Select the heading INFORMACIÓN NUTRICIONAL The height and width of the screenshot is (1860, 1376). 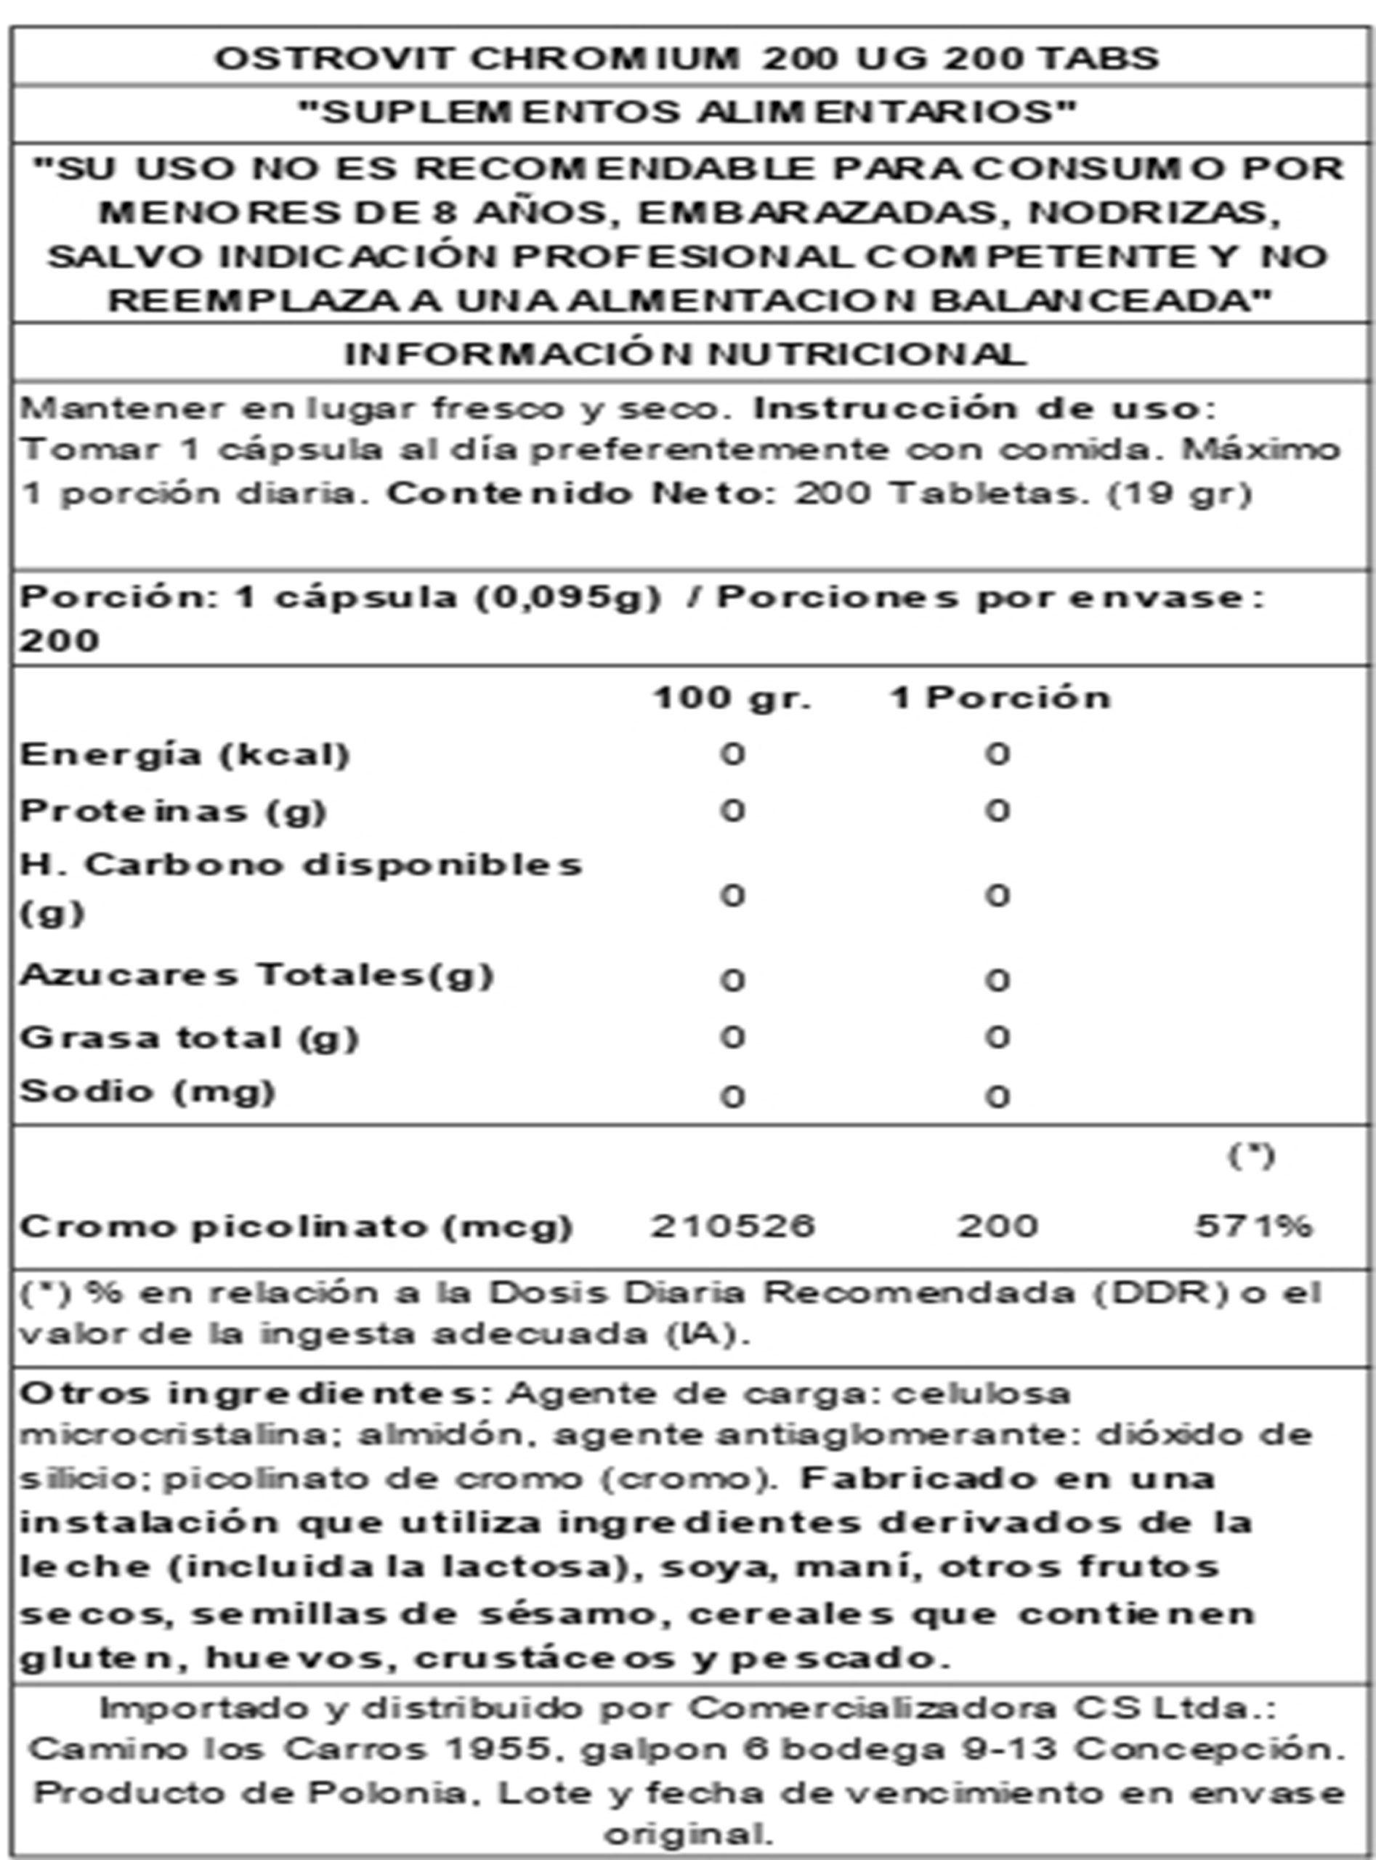(686, 355)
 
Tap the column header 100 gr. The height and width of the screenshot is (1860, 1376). (732, 697)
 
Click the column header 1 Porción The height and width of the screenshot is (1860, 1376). (1000, 697)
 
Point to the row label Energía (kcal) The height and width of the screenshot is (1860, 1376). (184, 755)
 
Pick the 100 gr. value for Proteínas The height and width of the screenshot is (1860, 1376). (732, 810)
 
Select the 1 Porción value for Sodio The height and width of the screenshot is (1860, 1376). (997, 1096)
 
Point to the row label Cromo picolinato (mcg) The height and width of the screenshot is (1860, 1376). (296, 1226)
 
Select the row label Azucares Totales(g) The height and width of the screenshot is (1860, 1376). (256, 974)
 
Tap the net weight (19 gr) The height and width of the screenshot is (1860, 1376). (1179, 494)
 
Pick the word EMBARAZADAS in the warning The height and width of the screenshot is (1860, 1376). (817, 212)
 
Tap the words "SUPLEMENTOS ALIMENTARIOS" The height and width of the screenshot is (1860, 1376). (687, 113)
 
